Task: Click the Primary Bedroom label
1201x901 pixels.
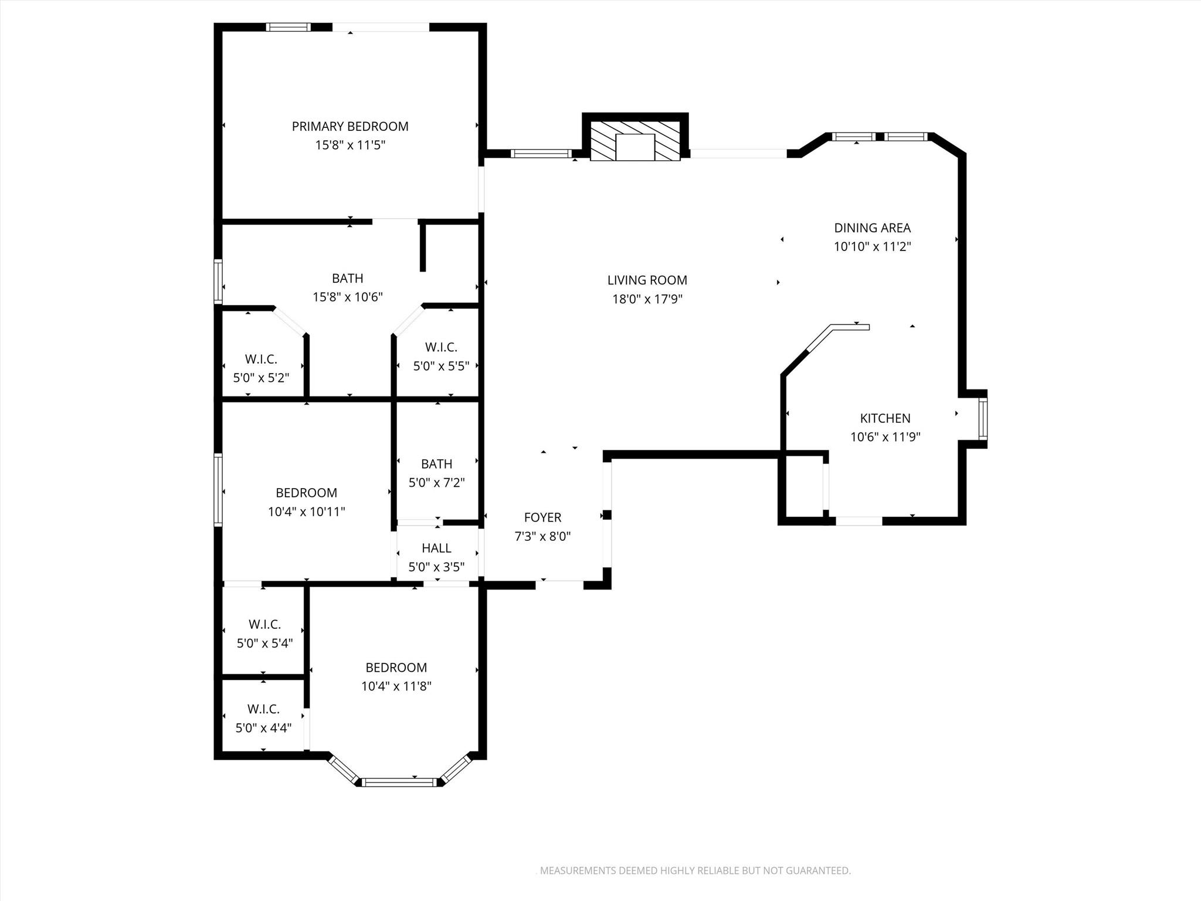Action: coord(350,126)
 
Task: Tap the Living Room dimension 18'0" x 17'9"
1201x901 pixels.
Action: coord(647,299)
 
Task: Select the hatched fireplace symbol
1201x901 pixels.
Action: coord(635,141)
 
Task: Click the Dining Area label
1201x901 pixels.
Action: coord(872,228)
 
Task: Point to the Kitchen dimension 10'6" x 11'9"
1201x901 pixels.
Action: coord(885,437)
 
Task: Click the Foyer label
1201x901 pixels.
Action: coord(542,517)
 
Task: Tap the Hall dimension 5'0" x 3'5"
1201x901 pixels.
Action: coord(436,567)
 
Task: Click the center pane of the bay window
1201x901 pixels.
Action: coord(399,781)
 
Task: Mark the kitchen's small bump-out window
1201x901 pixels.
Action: coord(983,418)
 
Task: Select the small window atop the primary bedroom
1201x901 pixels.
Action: coord(288,26)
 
